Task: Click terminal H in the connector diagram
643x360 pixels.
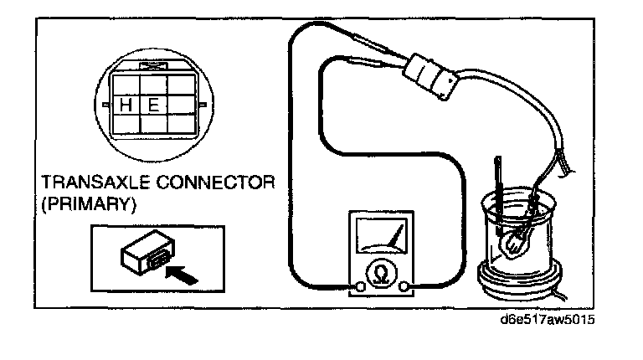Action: point(125,105)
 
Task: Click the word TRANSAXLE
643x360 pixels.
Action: point(90,183)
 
